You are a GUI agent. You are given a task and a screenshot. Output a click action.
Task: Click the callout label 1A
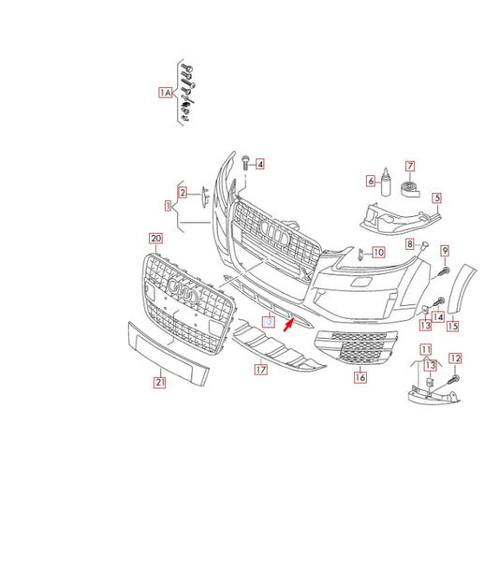165,94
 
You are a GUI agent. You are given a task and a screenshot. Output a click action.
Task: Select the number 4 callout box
260,164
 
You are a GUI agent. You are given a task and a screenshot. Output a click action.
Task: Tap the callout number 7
409,166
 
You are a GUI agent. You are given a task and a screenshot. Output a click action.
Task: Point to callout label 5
436,197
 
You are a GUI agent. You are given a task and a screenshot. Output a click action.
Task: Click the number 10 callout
378,252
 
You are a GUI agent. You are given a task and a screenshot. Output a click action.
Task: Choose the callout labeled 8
409,243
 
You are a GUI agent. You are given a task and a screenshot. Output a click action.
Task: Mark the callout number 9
446,250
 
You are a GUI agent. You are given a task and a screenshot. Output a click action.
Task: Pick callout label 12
456,358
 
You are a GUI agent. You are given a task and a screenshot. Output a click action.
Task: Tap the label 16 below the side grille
360,378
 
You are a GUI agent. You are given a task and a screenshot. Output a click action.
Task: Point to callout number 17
261,370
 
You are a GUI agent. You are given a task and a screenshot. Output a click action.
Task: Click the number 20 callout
156,240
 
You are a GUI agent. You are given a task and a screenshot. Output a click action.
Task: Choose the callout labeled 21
160,382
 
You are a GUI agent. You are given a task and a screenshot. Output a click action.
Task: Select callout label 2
183,193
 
